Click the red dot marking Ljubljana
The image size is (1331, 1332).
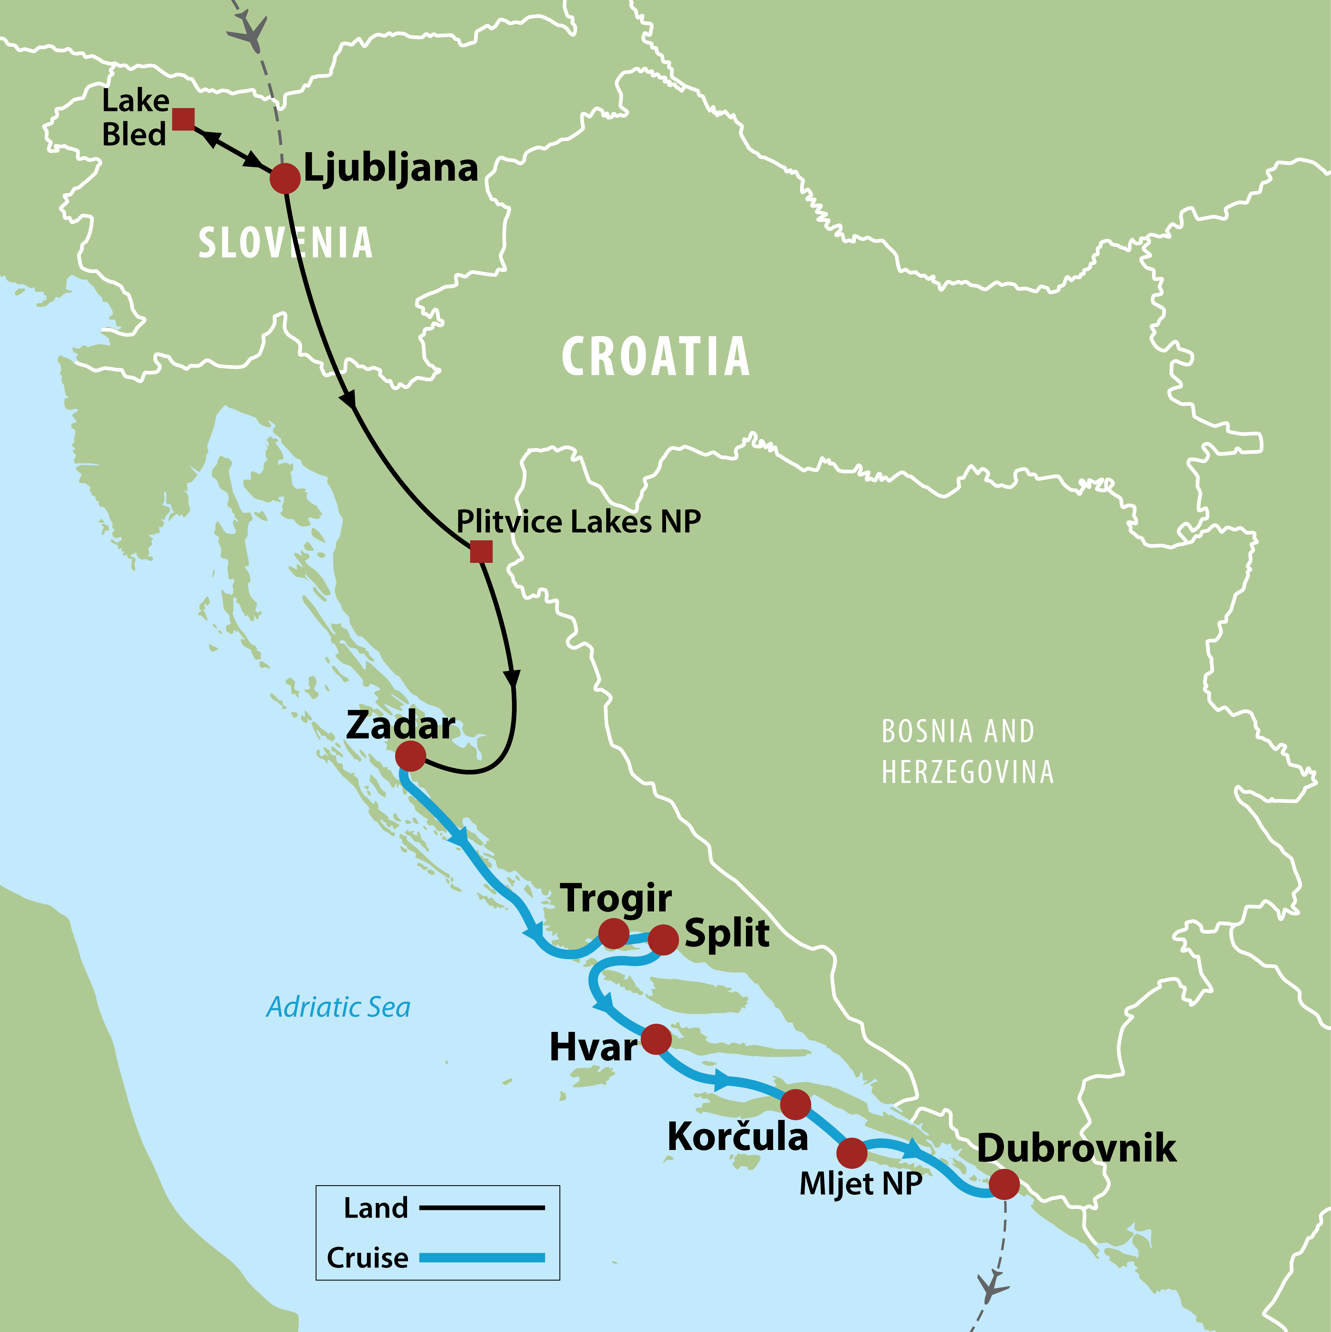(285, 179)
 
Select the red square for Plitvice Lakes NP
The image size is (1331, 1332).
(481, 551)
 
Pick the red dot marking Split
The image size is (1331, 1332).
(663, 940)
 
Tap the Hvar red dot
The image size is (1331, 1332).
(655, 1039)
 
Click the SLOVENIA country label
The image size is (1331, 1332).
(285, 243)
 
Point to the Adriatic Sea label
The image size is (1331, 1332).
(338, 1007)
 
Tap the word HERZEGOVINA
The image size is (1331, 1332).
(967, 772)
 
